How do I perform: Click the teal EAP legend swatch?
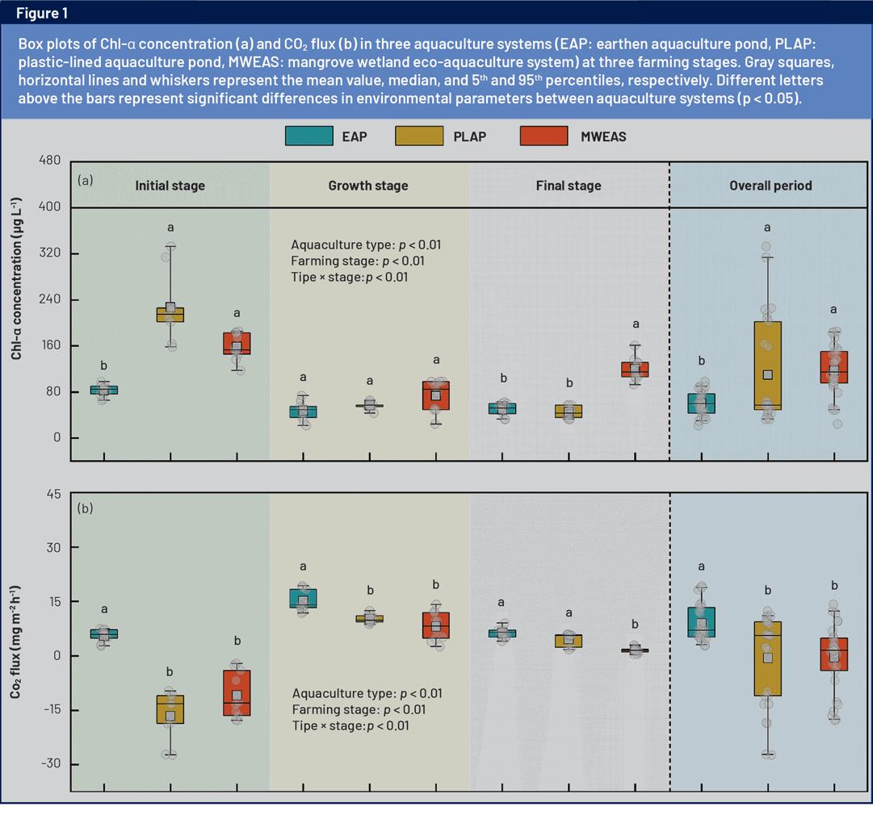click(x=308, y=136)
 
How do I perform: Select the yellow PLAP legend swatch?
click(x=419, y=136)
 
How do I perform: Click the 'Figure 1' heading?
click(x=43, y=13)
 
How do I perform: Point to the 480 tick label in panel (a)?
click(x=49, y=161)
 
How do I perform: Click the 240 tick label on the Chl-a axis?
click(x=49, y=300)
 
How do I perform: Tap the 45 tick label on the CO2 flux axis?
click(x=52, y=494)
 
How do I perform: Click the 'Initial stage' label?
click(x=170, y=186)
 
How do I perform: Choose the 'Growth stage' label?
click(x=368, y=186)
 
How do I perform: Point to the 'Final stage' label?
click(x=569, y=186)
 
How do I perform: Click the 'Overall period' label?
click(x=770, y=186)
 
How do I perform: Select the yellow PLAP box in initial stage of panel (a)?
click(x=170, y=315)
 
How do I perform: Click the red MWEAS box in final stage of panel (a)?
click(x=636, y=370)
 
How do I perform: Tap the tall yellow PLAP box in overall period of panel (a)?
click(x=767, y=366)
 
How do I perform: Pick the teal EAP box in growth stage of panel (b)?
click(x=303, y=598)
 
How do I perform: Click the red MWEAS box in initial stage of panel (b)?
click(x=237, y=692)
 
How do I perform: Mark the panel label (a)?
click(x=86, y=180)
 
